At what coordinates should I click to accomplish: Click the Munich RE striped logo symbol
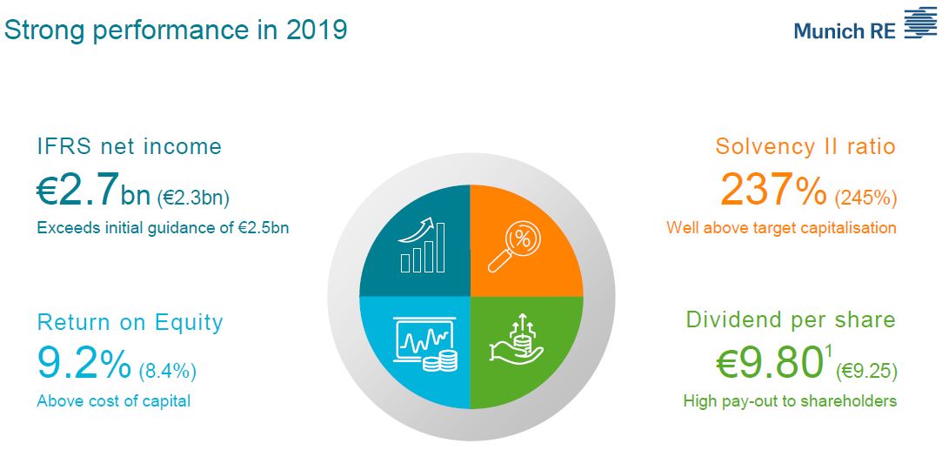(x=920, y=24)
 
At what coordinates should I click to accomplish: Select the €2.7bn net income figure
(x=93, y=190)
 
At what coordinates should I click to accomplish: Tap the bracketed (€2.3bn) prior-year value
(x=193, y=197)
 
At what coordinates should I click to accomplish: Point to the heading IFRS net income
(x=129, y=146)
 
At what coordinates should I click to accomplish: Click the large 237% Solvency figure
(x=774, y=189)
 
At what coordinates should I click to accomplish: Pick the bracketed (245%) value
(x=865, y=197)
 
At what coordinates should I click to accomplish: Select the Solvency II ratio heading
(x=805, y=146)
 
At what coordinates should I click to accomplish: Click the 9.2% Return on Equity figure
(x=84, y=363)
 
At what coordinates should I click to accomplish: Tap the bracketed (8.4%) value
(x=168, y=371)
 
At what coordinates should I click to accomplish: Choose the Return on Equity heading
(x=130, y=323)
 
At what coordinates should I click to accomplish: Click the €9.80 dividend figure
(x=769, y=363)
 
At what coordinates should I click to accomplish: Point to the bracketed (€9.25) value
(x=866, y=371)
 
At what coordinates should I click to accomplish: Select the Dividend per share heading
(x=791, y=320)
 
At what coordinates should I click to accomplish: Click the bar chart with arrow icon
(x=423, y=245)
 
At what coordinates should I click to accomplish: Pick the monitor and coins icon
(x=425, y=344)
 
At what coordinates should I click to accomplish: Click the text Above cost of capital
(x=114, y=401)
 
